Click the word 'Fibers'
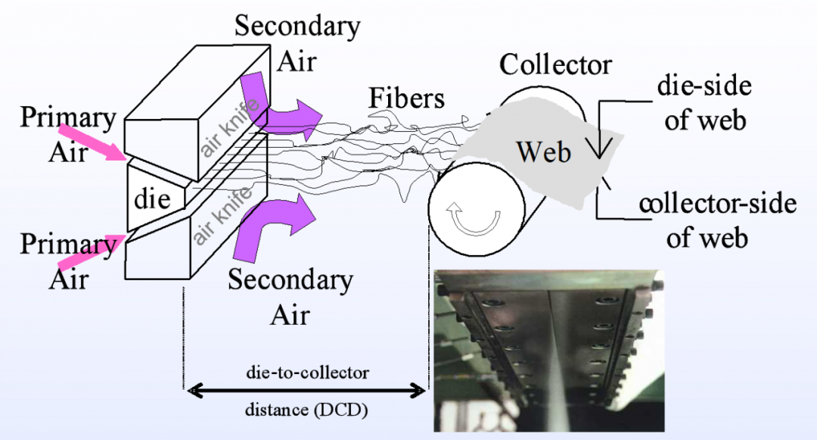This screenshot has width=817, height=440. coord(407,98)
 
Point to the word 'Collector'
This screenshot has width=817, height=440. coord(555,64)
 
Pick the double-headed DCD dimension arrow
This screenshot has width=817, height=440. coord(307,391)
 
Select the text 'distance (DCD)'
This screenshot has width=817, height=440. coord(306,411)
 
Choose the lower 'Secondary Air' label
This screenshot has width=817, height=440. coord(290,296)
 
